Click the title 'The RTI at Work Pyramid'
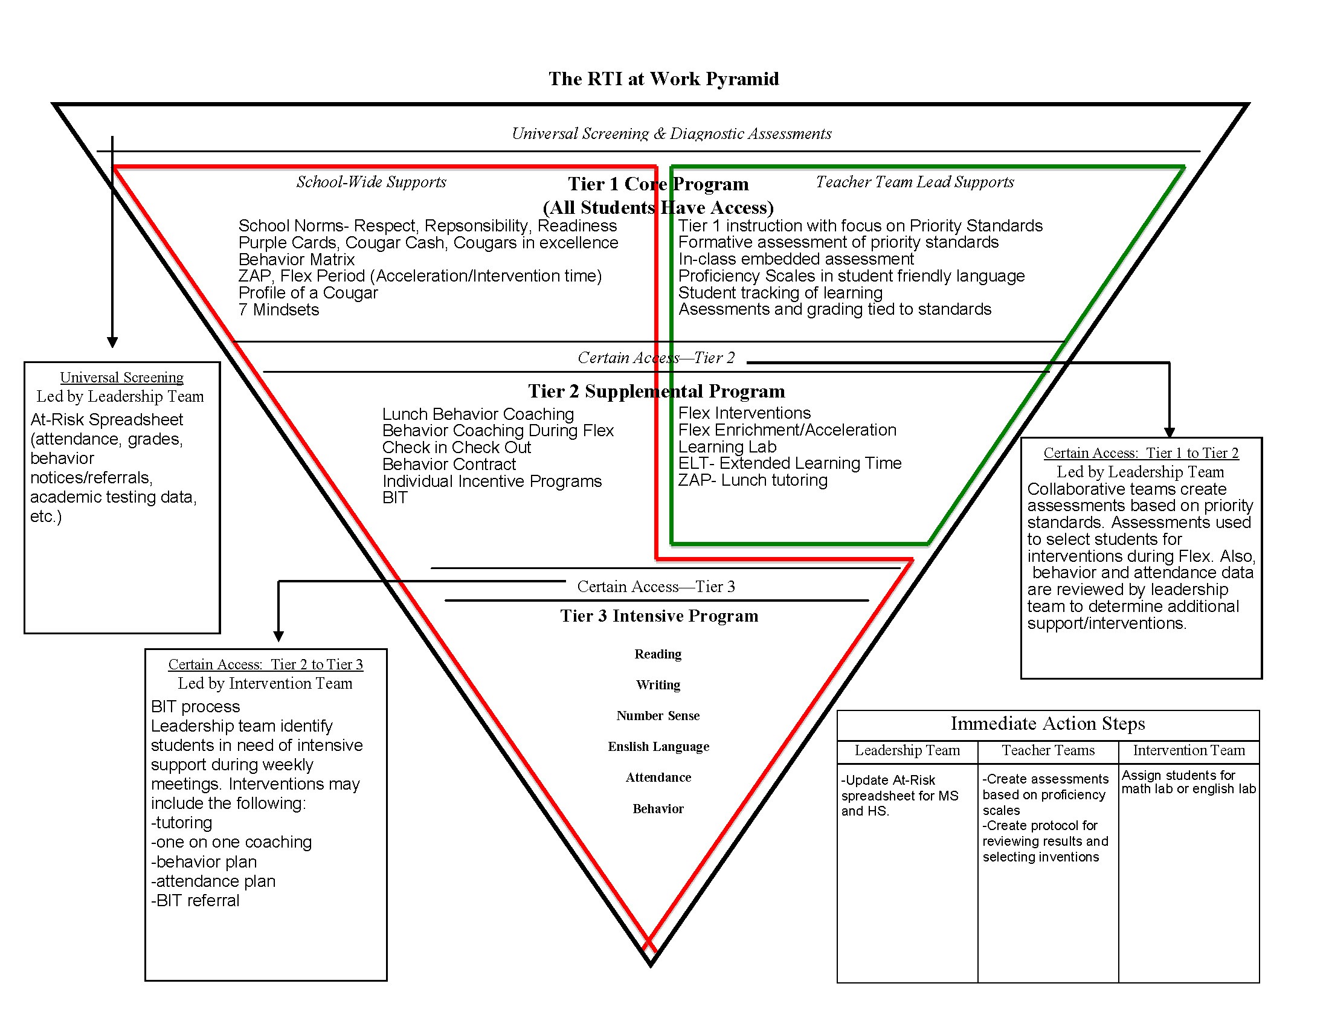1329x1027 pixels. point(663,79)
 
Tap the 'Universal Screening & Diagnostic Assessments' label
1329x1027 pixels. point(671,134)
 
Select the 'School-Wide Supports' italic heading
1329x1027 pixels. point(371,182)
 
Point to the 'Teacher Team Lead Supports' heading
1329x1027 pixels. point(915,182)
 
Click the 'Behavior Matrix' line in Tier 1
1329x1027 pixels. point(297,260)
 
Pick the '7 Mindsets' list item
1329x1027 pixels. point(278,311)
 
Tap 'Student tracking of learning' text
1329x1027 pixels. point(780,293)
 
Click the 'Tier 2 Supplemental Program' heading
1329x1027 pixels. point(656,391)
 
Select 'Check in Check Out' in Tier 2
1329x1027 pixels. point(456,448)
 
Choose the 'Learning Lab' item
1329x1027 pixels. point(727,447)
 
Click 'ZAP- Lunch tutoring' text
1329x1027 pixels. point(753,481)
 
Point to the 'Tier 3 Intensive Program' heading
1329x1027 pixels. point(659,616)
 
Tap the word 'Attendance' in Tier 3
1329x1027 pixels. point(658,777)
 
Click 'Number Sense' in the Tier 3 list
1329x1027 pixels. point(658,716)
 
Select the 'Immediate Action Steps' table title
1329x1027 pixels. point(1047,724)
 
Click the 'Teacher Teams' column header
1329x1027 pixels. point(1048,751)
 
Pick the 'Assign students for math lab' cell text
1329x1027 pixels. point(1188,782)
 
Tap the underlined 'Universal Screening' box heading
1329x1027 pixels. point(121,378)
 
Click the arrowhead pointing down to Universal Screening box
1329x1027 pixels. point(112,343)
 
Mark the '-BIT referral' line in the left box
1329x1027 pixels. point(195,901)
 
